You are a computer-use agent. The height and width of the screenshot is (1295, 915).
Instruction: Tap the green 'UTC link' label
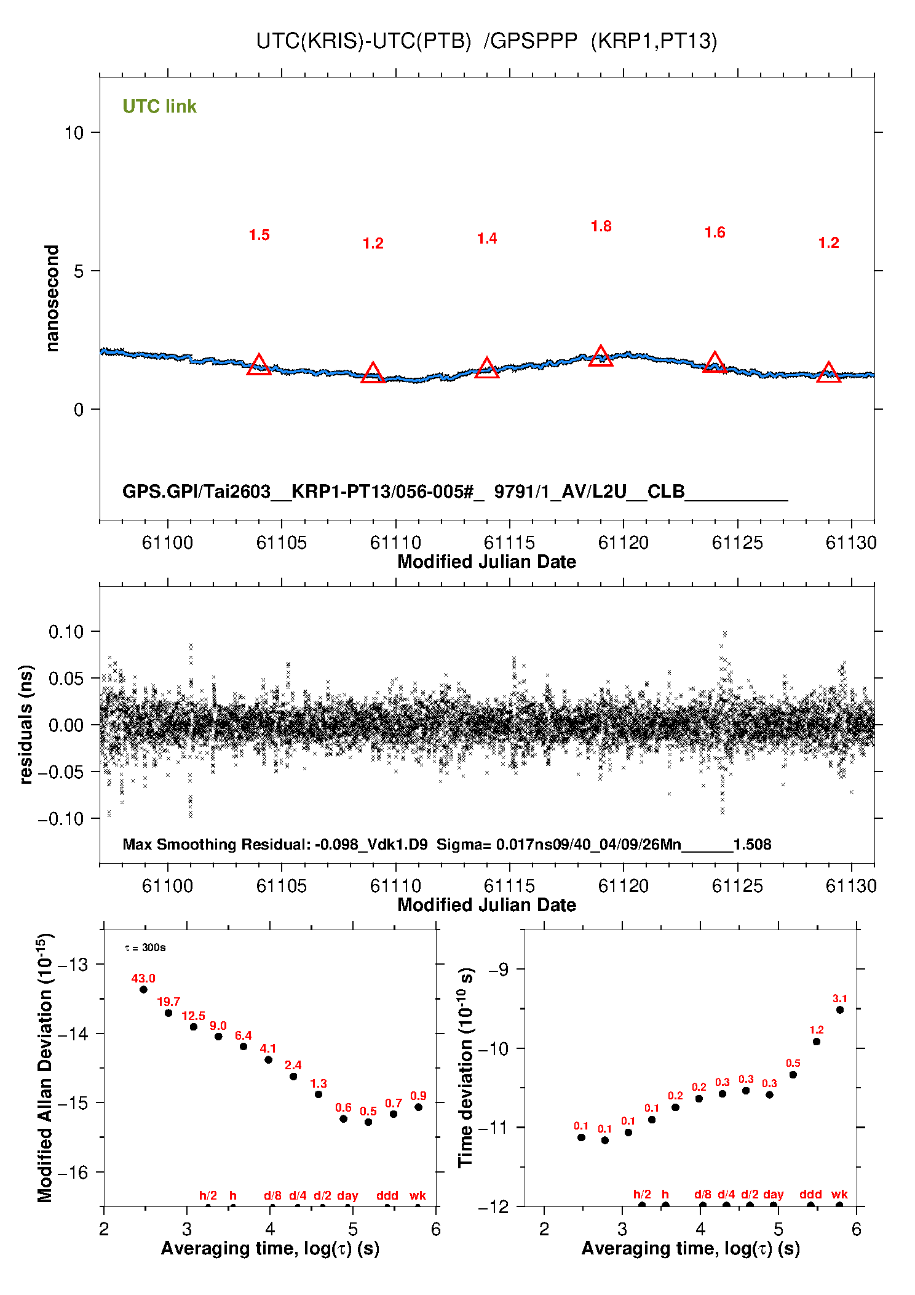point(159,106)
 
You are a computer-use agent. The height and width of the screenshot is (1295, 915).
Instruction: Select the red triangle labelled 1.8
point(601,357)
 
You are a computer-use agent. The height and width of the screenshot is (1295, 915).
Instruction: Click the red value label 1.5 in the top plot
point(259,235)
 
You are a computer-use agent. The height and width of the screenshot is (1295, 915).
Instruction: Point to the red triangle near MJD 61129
point(828,373)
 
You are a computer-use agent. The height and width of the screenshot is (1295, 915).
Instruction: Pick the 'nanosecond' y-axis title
point(52,298)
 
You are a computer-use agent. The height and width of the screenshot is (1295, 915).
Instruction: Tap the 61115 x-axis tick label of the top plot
point(509,543)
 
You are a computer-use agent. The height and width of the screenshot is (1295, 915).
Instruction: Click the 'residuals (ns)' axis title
point(26,724)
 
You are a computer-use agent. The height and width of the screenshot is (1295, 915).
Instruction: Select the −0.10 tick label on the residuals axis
point(60,819)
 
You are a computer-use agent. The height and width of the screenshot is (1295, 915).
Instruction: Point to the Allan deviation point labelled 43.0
point(143,989)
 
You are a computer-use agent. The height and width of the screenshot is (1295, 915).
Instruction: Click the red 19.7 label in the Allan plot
point(168,1002)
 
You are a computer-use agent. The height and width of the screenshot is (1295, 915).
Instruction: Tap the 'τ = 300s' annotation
point(145,947)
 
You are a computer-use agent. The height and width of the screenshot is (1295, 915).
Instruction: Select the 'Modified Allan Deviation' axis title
point(45,1068)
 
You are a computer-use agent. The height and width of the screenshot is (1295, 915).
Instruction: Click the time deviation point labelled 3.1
point(840,1010)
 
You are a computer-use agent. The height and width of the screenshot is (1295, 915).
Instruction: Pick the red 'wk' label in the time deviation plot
point(839,1194)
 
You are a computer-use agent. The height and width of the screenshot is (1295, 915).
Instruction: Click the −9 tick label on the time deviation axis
point(499,970)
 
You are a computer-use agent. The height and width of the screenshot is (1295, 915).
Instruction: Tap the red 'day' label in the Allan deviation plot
point(347,1195)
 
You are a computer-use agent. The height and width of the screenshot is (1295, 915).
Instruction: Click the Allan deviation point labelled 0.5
point(368,1122)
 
